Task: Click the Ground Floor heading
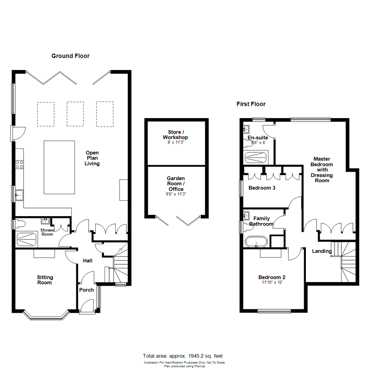pyautogui.click(x=70, y=56)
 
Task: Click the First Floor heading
pyautogui.click(x=251, y=104)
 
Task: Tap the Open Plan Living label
pyautogui.click(x=92, y=158)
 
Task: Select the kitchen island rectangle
pyautogui.click(x=59, y=167)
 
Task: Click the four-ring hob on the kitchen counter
pyautogui.click(x=19, y=165)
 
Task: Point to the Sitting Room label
pyautogui.click(x=45, y=280)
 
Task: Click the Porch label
pyautogui.click(x=86, y=290)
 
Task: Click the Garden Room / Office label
pyautogui.click(x=176, y=184)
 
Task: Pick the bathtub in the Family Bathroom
pyautogui.click(x=257, y=242)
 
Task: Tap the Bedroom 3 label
pyautogui.click(x=262, y=188)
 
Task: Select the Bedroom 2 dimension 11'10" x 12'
pyautogui.click(x=272, y=283)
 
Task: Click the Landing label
pyautogui.click(x=322, y=251)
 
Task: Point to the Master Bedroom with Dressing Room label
pyautogui.click(x=322, y=170)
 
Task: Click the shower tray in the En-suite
pyautogui.click(x=256, y=158)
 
